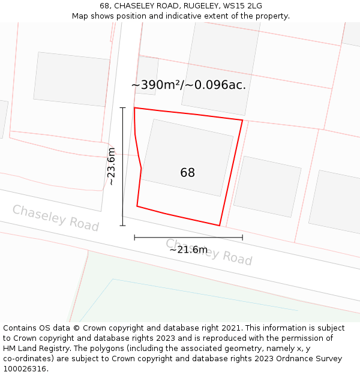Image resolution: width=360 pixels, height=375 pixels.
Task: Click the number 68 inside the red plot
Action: point(188,173)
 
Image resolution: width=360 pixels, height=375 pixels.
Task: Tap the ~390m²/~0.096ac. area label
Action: point(188,85)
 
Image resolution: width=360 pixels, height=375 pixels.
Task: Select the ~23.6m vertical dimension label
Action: point(111,166)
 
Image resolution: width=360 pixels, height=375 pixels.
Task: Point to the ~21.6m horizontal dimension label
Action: point(188,250)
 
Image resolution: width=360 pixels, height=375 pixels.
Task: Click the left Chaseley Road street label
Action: point(55,217)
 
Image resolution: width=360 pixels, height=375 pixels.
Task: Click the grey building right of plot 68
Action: point(267,187)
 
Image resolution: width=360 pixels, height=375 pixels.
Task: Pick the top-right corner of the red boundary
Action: point(242,120)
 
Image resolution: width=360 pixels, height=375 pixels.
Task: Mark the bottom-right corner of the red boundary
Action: point(220,226)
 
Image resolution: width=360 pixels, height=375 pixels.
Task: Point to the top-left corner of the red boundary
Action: point(134,108)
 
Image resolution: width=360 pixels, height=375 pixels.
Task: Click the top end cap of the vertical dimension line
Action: point(123,108)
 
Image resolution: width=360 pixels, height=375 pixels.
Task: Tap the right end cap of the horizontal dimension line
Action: point(242,238)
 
